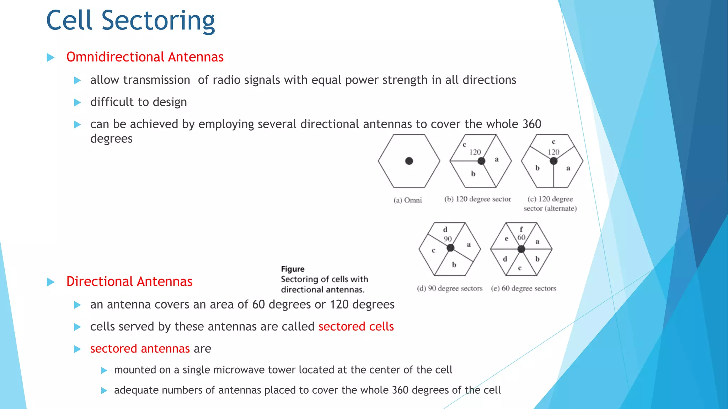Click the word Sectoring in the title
pos(158,21)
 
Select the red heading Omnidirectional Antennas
pos(145,57)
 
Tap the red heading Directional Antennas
pos(129,282)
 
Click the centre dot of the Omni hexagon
pos(409,161)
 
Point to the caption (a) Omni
pos(407,200)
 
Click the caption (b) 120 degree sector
pos(477,199)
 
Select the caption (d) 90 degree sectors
pos(450,289)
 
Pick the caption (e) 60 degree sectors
pos(523,289)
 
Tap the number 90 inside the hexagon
pos(448,239)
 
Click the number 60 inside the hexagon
pos(521,238)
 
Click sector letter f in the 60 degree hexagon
pos(521,229)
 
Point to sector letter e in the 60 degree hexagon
pos(507,239)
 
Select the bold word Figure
pos(293,269)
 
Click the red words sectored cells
pos(356,327)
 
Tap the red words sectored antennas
pos(140,349)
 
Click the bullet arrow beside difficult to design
pos(77,103)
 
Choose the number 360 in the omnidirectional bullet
pos(532,124)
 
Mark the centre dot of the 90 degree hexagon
pos(450,248)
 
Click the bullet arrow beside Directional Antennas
pos(50,282)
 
